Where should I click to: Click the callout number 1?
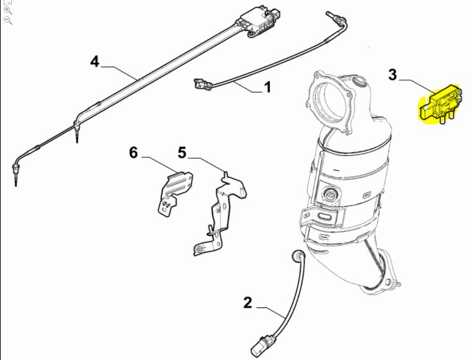pyautogui.click(x=267, y=88)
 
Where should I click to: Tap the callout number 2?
pyautogui.click(x=247, y=303)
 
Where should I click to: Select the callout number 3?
pyautogui.click(x=393, y=74)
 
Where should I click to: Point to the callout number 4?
pyautogui.click(x=95, y=61)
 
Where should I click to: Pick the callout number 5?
pyautogui.click(x=182, y=153)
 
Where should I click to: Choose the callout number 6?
pyautogui.click(x=133, y=153)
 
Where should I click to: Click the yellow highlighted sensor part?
pyautogui.click(x=440, y=104)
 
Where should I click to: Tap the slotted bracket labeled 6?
pyautogui.click(x=174, y=192)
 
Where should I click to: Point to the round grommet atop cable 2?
pyautogui.click(x=298, y=256)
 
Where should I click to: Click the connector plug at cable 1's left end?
pyautogui.click(x=202, y=84)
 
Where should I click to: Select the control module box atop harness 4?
pyautogui.click(x=259, y=22)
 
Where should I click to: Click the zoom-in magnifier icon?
pyautogui.click(x=8, y=11)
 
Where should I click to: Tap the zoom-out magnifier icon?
pyautogui.click(x=8, y=20)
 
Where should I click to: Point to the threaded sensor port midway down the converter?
pyautogui.click(x=330, y=195)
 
